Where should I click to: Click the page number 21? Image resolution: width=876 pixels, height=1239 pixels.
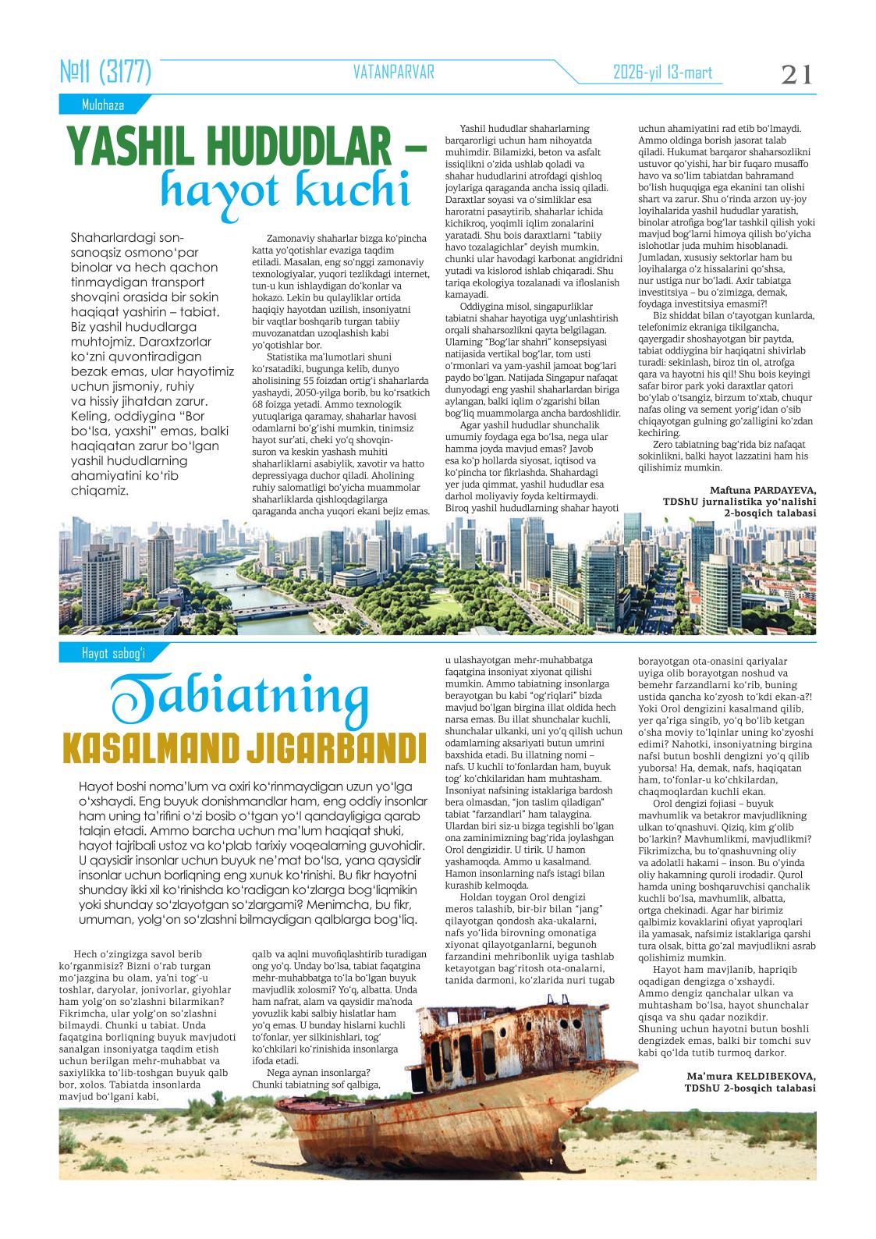coord(796,75)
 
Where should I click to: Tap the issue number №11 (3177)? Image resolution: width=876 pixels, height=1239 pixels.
coord(105,73)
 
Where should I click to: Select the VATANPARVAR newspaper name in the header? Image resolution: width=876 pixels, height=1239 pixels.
coord(393,73)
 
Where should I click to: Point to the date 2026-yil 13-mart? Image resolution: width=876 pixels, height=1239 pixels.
coord(663,73)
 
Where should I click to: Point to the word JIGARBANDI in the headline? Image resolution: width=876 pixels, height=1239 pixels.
coord(335,747)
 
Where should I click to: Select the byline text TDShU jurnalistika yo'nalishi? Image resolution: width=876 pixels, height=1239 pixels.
coord(739,501)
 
